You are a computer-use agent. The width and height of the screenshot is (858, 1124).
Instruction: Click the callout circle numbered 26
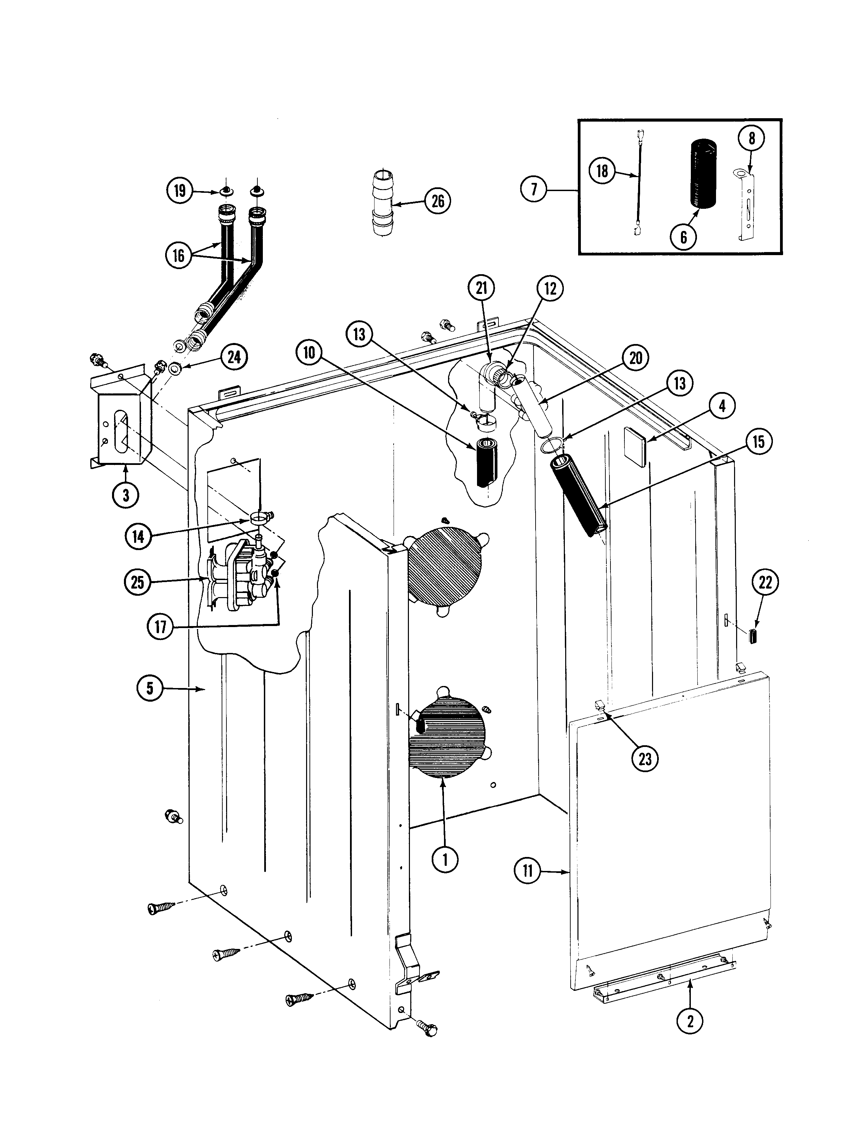click(x=438, y=201)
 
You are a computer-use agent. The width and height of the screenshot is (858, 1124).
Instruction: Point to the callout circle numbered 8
click(x=751, y=138)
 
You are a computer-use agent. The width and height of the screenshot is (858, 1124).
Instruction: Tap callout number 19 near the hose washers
click(x=179, y=191)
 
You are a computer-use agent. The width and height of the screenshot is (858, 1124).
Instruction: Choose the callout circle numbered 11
click(x=528, y=870)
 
